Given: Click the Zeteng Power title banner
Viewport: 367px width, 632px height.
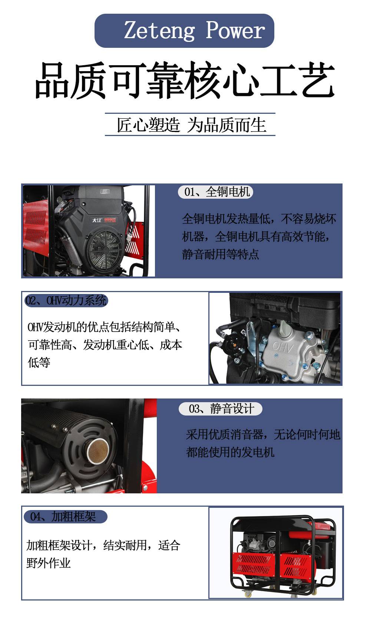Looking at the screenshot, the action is coord(184,30).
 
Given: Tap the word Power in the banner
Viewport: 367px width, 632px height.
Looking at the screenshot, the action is coord(235,30).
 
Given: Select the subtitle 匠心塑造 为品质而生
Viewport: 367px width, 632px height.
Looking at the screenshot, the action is coord(191,125).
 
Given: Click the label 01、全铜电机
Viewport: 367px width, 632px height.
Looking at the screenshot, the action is coord(215,192).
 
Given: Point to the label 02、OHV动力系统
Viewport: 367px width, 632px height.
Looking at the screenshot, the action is coord(66,301).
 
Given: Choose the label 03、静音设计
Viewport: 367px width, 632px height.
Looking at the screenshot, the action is coord(220,408).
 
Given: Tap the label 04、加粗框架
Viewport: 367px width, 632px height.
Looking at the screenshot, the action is coord(66,517).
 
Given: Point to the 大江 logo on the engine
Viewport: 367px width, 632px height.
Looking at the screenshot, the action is coord(97,220).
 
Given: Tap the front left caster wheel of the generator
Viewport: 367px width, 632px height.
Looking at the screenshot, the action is coord(248,593).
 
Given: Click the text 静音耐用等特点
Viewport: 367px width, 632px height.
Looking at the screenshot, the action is coord(220,254).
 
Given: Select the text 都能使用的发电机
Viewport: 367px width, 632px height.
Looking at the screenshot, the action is coord(230,452).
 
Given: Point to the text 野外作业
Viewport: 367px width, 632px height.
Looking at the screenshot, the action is coord(49,563).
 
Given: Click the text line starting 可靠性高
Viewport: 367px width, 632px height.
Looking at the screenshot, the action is coord(105,345).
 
